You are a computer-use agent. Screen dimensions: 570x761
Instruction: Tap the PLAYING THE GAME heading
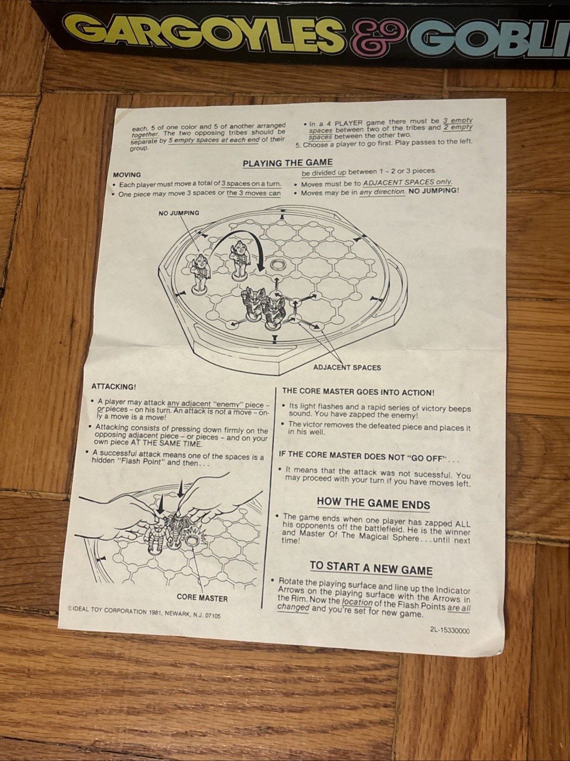pos(288,163)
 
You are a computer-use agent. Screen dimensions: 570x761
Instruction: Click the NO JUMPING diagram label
pos(179,213)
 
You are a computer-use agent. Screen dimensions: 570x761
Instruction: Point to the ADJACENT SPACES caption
pos(347,367)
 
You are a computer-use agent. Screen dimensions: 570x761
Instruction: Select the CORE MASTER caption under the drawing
pos(202,598)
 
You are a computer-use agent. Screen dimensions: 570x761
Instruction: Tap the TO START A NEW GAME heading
pos(371,568)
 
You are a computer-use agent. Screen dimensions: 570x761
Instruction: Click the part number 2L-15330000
pos(450,630)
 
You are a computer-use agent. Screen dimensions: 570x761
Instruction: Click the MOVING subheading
pos(127,175)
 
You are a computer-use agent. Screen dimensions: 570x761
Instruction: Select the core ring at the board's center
pos(277,265)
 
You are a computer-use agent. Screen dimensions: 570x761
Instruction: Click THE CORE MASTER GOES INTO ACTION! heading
pos(358,392)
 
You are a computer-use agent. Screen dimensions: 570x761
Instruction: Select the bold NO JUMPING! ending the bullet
pos(434,190)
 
